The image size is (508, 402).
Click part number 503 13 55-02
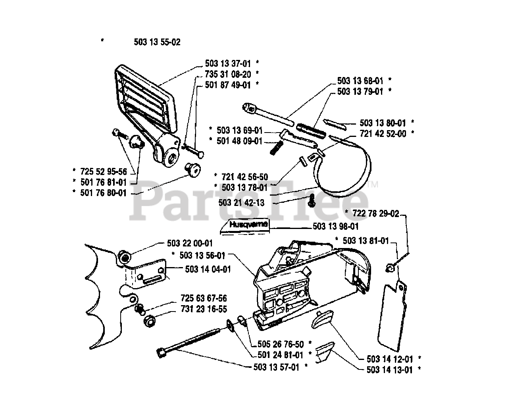(157, 42)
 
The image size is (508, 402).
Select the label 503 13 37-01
(228, 63)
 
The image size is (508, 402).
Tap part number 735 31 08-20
(228, 74)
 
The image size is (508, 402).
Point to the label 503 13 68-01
(360, 81)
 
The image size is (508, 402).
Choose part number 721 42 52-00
(383, 134)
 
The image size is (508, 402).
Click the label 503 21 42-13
(241, 203)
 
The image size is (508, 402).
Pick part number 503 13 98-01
(336, 226)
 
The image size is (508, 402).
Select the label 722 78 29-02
(375, 214)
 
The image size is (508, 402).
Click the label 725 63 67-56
(204, 298)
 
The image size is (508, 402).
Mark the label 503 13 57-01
(276, 367)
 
